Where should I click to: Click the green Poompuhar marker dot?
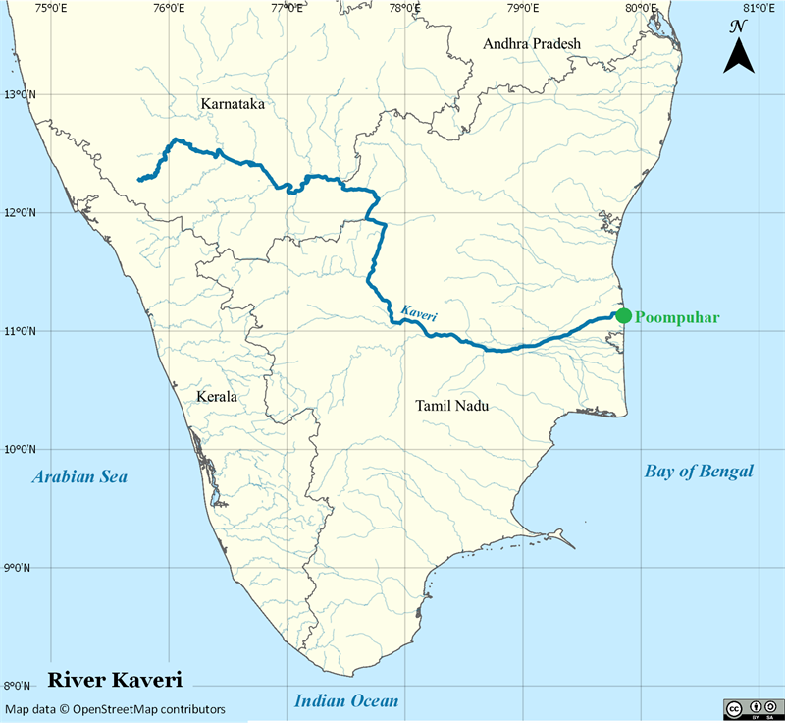pyautogui.click(x=623, y=315)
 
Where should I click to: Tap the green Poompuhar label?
pyautogui.click(x=678, y=317)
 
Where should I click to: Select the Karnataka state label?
pyautogui.click(x=233, y=103)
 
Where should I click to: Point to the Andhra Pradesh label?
pyautogui.click(x=532, y=43)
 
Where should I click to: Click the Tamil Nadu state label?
pyautogui.click(x=451, y=405)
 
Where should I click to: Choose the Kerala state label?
pyautogui.click(x=216, y=397)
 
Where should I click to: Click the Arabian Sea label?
pyautogui.click(x=79, y=477)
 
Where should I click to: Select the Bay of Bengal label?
pyautogui.click(x=699, y=472)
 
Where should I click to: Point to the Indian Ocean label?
pyautogui.click(x=347, y=700)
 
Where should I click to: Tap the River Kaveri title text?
pyautogui.click(x=115, y=680)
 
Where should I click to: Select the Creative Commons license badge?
pyautogui.click(x=753, y=708)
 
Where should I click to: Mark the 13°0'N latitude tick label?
pyautogui.click(x=19, y=95)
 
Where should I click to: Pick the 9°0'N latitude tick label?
pyautogui.click(x=19, y=568)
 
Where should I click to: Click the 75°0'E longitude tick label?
pyautogui.click(x=50, y=9)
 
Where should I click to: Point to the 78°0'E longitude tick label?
pyautogui.click(x=404, y=9)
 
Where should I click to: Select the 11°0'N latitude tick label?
pyautogui.click(x=19, y=331)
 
